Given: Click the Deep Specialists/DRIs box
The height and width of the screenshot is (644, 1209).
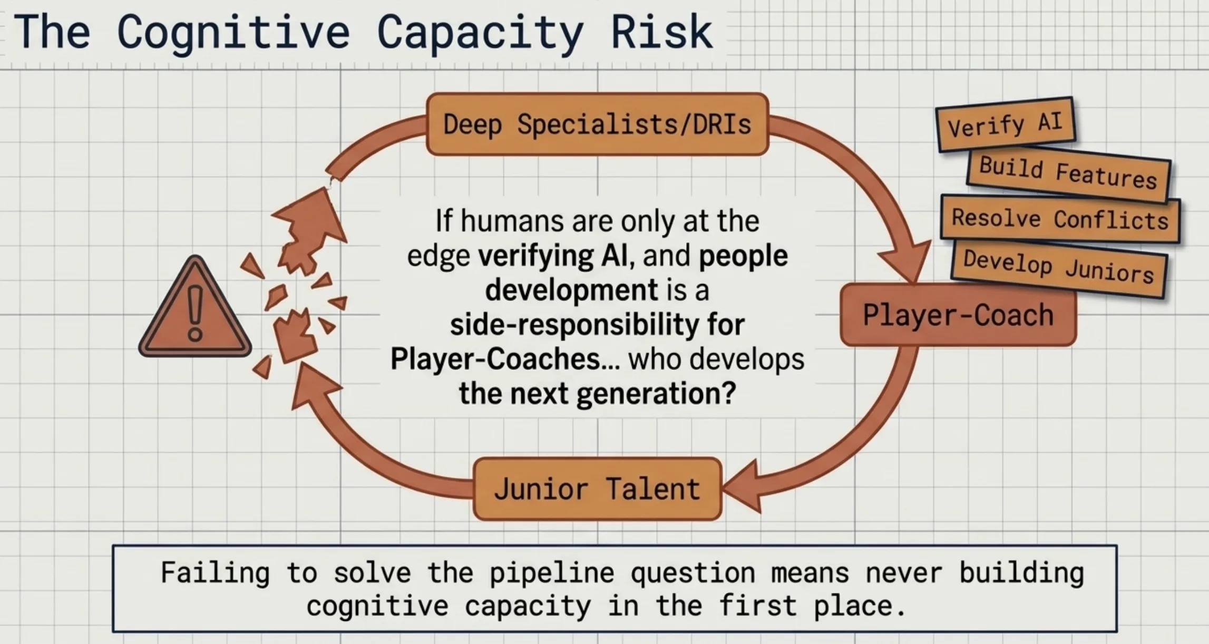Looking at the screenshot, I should (597, 124).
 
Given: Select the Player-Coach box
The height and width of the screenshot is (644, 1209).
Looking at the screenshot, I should (958, 315).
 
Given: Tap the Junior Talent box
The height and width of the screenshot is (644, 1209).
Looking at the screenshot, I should (597, 489).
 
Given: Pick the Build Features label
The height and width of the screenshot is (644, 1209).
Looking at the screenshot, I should (1068, 173).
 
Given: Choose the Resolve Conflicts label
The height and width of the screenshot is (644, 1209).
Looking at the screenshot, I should (1060, 219).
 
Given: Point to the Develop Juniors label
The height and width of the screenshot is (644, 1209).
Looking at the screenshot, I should (1058, 267).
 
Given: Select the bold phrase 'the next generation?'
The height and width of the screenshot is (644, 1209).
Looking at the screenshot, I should (597, 393).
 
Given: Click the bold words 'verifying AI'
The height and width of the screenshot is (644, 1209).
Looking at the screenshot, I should (552, 256).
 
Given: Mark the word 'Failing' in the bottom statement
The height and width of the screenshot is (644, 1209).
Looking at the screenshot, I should (215, 573).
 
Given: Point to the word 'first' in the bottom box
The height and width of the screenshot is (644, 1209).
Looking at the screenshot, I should (757, 606).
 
